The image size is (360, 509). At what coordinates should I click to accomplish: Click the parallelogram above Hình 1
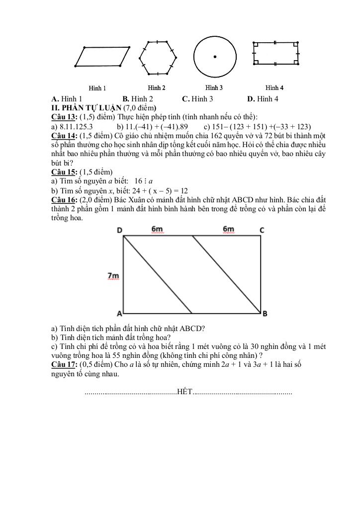pyautogui.click(x=103, y=56)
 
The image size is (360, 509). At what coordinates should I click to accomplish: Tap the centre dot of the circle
pyautogui.click(x=215, y=57)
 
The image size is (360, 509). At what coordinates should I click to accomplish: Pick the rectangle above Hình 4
pyautogui.click(x=275, y=53)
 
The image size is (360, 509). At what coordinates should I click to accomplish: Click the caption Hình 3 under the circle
pyautogui.click(x=214, y=88)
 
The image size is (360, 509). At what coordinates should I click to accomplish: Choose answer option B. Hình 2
pyautogui.click(x=138, y=99)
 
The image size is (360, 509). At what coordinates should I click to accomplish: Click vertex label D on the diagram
pyautogui.click(x=119, y=230)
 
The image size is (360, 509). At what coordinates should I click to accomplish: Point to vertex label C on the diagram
pyautogui.click(x=262, y=230)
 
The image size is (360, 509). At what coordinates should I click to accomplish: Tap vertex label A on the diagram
pyautogui.click(x=119, y=314)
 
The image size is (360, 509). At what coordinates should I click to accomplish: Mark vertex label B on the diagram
pyautogui.click(x=265, y=314)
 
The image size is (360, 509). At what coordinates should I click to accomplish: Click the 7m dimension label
pyautogui.click(x=113, y=275)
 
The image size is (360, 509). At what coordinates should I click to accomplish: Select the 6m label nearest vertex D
pyautogui.click(x=157, y=229)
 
